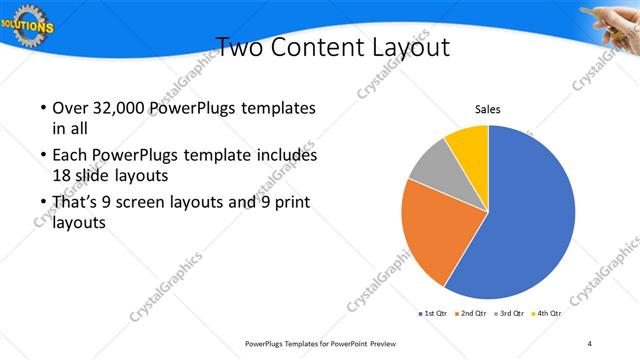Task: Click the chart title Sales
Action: pos(487,110)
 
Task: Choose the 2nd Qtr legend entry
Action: pos(473,313)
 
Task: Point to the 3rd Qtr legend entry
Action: pos(511,313)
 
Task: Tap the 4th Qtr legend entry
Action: pos(548,313)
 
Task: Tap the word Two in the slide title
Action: pos(241,47)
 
